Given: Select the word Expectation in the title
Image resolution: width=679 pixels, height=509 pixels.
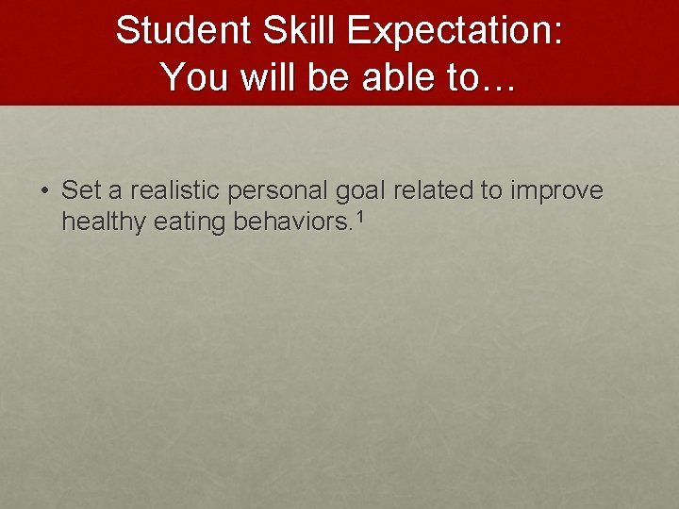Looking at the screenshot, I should [x=449, y=31].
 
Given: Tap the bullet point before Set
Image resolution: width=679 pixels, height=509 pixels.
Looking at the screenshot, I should [x=45, y=191].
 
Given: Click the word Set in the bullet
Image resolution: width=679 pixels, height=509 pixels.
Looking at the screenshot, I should [x=81, y=190].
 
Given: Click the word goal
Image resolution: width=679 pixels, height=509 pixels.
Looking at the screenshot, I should [x=361, y=190].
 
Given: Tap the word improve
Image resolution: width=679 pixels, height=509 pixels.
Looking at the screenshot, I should [x=556, y=190].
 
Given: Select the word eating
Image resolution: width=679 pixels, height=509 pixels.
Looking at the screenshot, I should [x=179, y=222].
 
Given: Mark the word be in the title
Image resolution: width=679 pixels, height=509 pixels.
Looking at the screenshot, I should [x=328, y=75].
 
